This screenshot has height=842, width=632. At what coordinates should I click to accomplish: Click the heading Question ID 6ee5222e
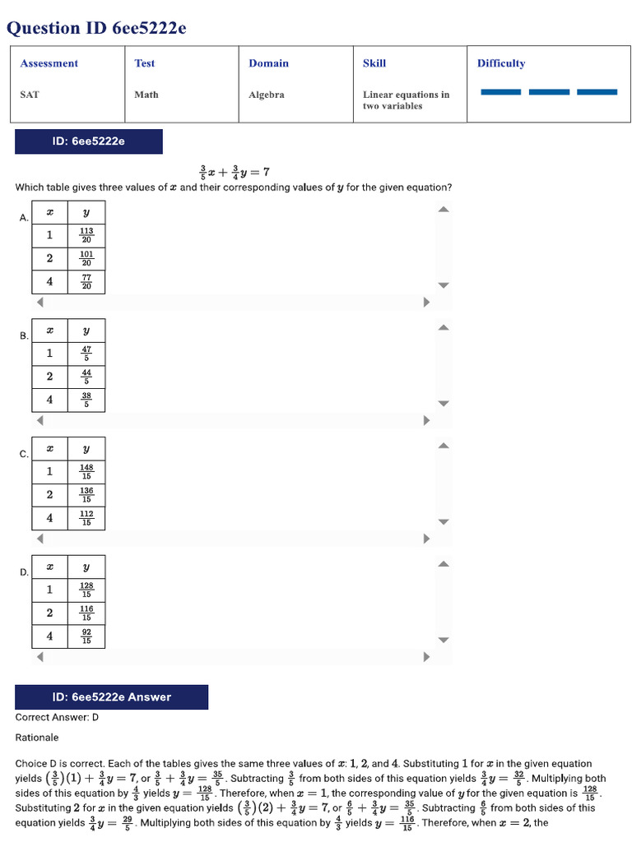[x=96, y=28]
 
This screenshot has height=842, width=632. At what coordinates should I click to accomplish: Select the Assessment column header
[x=49, y=63]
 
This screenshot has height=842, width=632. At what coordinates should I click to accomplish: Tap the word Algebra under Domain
[x=267, y=95]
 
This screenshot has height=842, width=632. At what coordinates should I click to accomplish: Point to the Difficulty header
[x=501, y=63]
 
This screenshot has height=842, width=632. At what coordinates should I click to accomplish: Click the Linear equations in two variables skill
[x=406, y=99]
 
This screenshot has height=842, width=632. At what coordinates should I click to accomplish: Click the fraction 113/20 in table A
[x=86, y=235]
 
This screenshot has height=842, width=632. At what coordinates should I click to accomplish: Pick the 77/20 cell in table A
[x=86, y=282]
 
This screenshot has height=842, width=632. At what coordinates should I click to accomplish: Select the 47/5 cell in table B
[x=86, y=354]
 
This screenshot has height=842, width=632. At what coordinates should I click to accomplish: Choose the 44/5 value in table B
[x=86, y=377]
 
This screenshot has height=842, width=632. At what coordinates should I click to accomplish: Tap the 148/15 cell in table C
[x=86, y=471]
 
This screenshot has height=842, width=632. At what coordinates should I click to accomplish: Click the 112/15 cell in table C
[x=86, y=518]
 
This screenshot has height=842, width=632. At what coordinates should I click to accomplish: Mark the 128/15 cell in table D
[x=86, y=590]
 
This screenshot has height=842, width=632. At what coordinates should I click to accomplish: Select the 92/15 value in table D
[x=86, y=636]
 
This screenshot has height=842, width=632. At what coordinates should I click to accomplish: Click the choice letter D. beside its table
[x=24, y=572]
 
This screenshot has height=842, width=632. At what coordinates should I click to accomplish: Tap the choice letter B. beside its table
[x=24, y=336]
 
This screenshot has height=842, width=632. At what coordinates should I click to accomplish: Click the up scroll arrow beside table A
[x=444, y=209]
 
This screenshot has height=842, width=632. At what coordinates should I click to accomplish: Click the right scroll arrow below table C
[x=427, y=539]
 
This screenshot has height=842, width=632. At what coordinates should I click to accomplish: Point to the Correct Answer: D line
[x=57, y=717]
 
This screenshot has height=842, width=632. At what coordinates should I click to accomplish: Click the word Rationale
[x=36, y=738]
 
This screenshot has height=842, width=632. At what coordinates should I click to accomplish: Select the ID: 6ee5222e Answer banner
[x=111, y=697]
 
